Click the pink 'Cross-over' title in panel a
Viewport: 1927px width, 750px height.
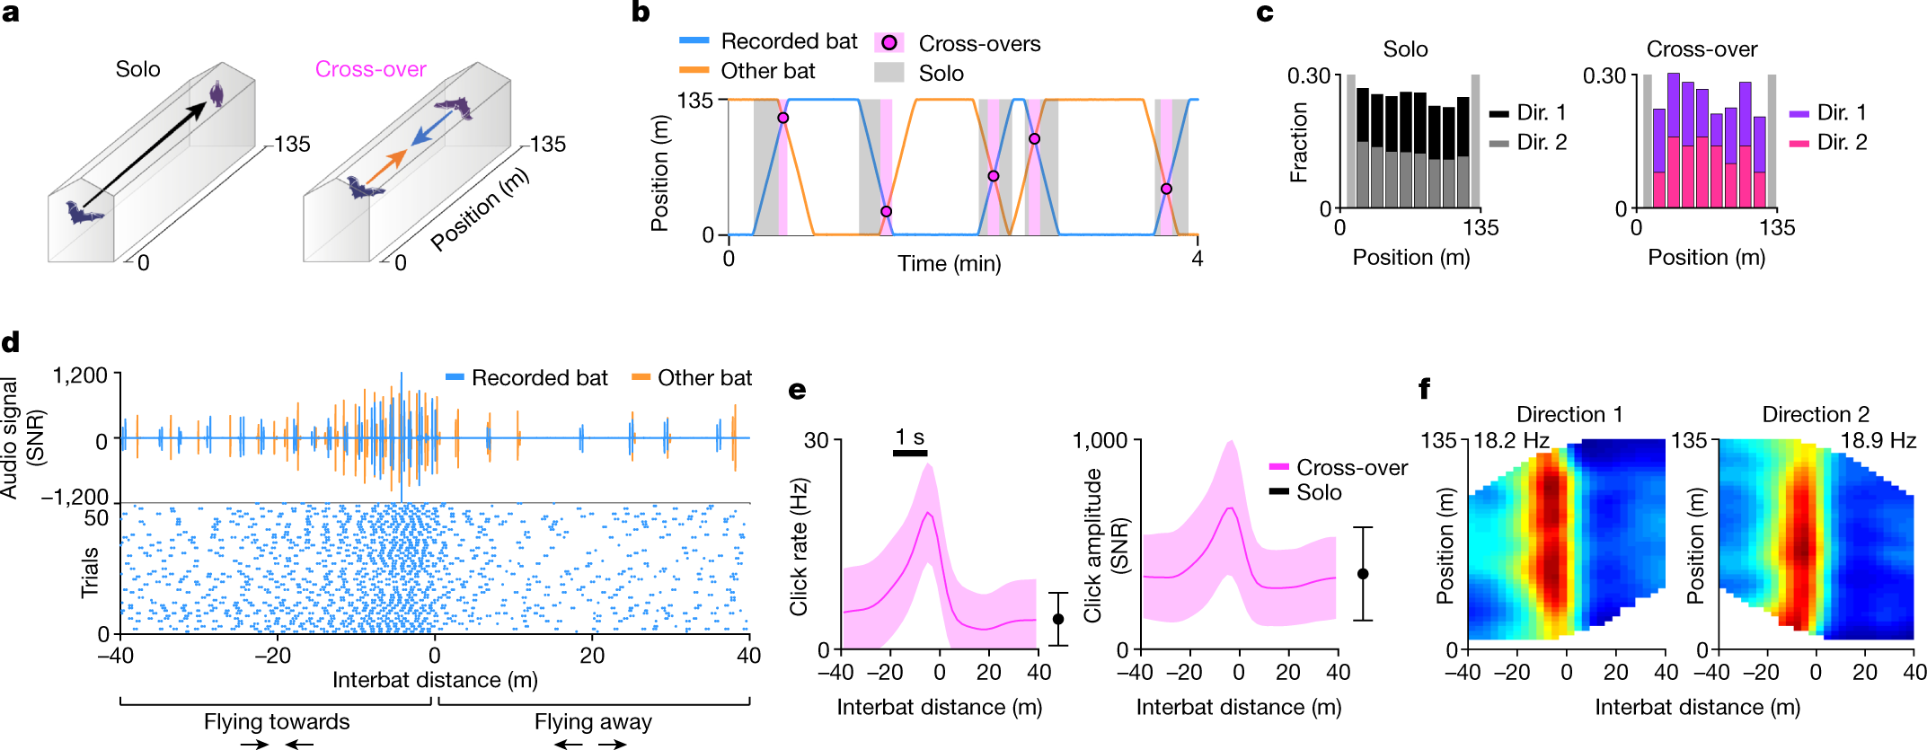click(x=370, y=69)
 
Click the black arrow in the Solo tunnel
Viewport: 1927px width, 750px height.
click(x=146, y=154)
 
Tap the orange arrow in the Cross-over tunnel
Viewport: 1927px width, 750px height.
click(x=387, y=167)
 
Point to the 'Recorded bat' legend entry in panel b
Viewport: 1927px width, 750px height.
click(x=768, y=41)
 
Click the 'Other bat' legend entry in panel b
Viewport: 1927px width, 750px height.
click(x=747, y=71)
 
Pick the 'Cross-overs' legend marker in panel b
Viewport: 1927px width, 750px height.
click(x=888, y=42)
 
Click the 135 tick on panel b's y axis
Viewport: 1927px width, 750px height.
click(x=695, y=100)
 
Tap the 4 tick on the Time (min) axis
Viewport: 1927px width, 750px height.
click(x=1198, y=259)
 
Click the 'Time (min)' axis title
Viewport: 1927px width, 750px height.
click(x=950, y=263)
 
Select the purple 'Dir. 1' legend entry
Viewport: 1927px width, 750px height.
click(x=1828, y=112)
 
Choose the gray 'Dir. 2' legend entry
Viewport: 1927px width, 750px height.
click(x=1527, y=142)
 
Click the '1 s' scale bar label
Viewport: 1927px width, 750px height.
click(x=910, y=437)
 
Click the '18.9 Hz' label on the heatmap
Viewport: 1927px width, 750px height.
click(x=1878, y=440)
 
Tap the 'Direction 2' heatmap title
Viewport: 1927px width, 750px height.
click(x=1816, y=414)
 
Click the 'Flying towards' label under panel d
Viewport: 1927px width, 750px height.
click(x=277, y=722)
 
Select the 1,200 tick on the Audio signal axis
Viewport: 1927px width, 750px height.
click(x=80, y=375)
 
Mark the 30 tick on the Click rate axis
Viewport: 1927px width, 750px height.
click(x=817, y=440)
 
